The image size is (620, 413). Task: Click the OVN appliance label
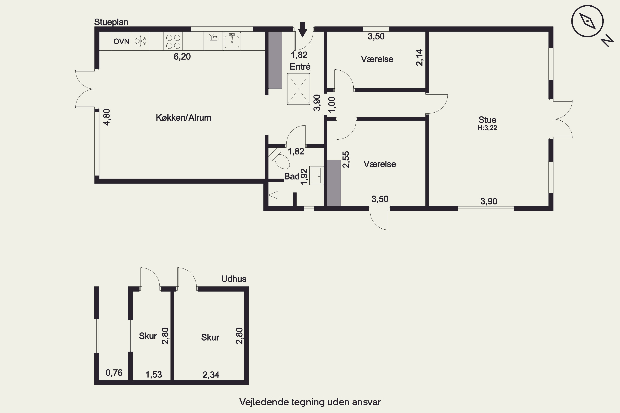pyautogui.click(x=121, y=41)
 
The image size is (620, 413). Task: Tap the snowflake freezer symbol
pyautogui.click(x=141, y=41)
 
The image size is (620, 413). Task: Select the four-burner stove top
pyautogui.click(x=173, y=41)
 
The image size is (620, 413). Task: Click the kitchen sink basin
pyautogui.click(x=232, y=41)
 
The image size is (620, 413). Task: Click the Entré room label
pyautogui.click(x=300, y=67)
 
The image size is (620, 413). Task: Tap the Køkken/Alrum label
pyautogui.click(x=184, y=117)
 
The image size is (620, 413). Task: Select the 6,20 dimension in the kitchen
pyautogui.click(x=182, y=56)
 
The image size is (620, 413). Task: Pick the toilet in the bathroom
pyautogui.click(x=280, y=158)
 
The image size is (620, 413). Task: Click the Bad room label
pyautogui.click(x=292, y=176)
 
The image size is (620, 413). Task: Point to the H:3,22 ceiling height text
pyautogui.click(x=487, y=128)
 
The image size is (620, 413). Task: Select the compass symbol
pyautogui.click(x=588, y=21)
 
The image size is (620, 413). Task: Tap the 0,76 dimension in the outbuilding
pyautogui.click(x=114, y=373)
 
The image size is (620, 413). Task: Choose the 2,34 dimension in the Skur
pyautogui.click(x=211, y=375)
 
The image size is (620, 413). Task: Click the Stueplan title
pyautogui.click(x=111, y=22)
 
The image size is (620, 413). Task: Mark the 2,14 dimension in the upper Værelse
pyautogui.click(x=419, y=57)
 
